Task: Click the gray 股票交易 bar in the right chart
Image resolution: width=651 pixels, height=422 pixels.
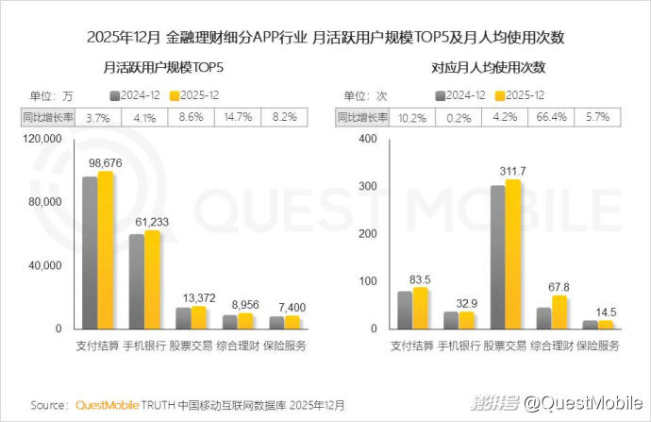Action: [x=497, y=257]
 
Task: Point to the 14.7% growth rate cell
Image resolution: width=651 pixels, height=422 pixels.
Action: [x=237, y=117]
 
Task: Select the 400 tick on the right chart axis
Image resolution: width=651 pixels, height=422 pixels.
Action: [x=370, y=139]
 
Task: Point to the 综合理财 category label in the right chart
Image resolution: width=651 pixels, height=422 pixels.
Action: [x=551, y=346]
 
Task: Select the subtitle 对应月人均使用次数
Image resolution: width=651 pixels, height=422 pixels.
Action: [x=489, y=68]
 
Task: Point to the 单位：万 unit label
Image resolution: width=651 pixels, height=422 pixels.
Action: [x=51, y=95]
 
